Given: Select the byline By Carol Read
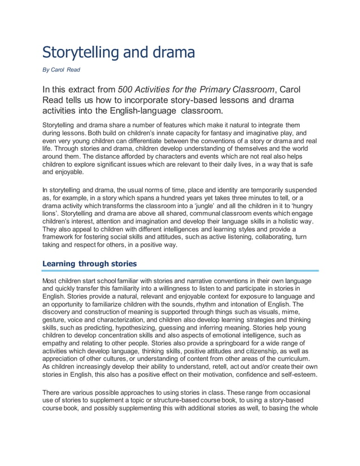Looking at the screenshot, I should pyautogui.click(x=62, y=71).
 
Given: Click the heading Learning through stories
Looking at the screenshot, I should pyautogui.click(x=90, y=263).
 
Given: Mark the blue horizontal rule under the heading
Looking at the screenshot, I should pyautogui.click(x=180, y=271).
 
